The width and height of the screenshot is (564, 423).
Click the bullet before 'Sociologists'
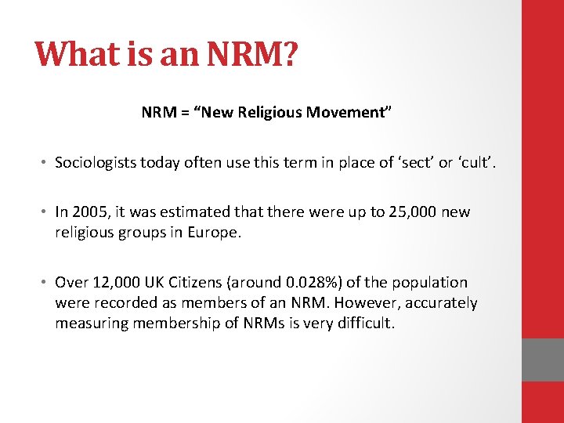[46, 163]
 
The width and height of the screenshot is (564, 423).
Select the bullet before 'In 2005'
[46, 213]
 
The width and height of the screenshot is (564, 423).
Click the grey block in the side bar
[543, 359]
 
